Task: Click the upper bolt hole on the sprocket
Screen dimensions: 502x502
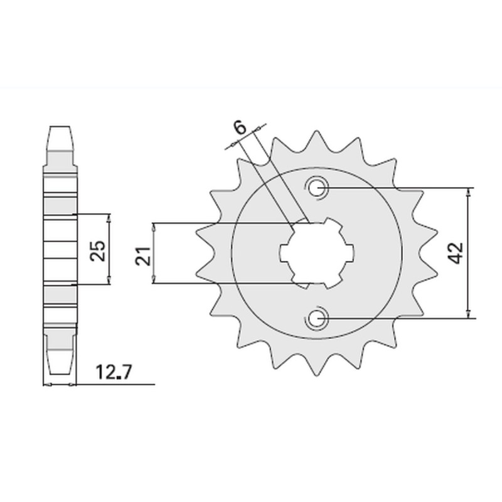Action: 316,187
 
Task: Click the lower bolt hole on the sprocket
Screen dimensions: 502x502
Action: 316,319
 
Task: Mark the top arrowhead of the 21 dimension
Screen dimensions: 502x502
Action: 153,226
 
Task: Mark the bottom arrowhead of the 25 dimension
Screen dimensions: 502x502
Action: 110,282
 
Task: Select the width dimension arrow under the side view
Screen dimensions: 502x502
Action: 58,384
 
